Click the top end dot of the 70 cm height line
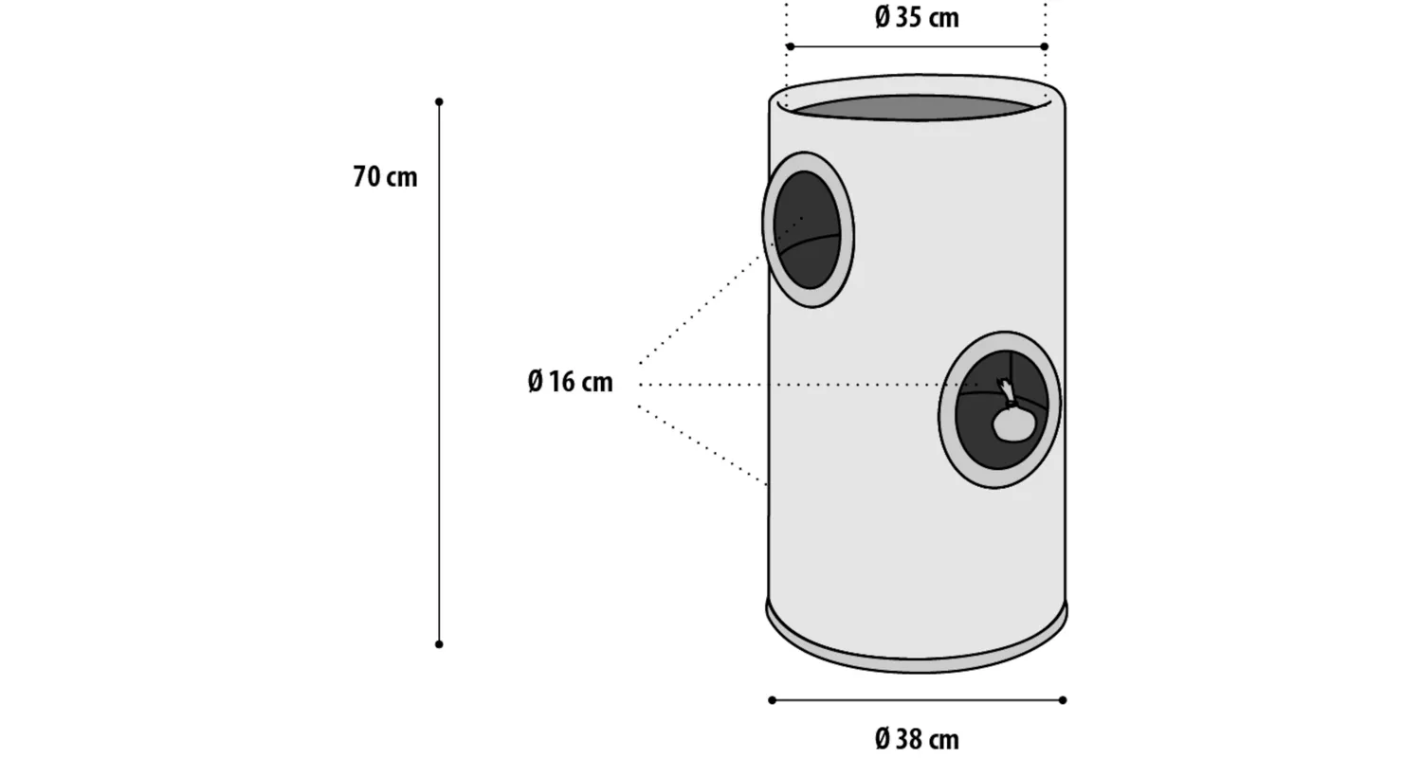439,101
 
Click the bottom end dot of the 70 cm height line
439,644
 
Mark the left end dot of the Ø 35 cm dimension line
790,46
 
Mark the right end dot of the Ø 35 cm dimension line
1045,46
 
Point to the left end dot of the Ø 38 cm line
772,700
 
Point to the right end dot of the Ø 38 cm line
1063,700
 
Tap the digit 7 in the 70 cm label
360,177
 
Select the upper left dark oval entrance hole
807,229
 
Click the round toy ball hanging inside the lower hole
1013,424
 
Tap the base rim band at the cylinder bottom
917,641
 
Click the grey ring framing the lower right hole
999,409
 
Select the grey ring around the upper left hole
808,229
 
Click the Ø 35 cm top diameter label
917,18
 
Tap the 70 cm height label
385,177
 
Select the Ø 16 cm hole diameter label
570,382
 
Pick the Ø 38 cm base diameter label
917,740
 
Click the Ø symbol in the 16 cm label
536,382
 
